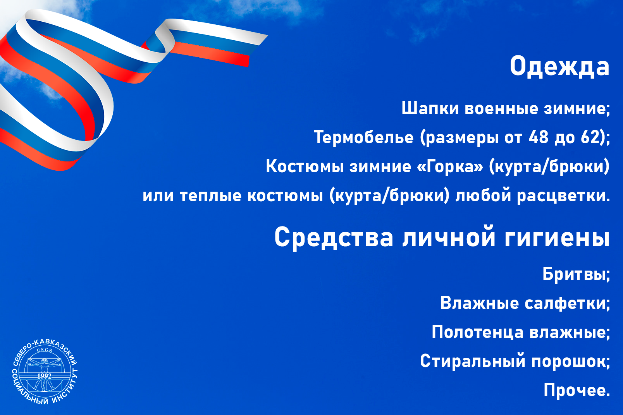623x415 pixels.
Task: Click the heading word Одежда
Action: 559,67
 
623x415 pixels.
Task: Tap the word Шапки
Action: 430,108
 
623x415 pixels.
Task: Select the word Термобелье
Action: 364,137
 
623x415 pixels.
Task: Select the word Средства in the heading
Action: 334,237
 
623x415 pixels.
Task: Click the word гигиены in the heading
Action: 557,237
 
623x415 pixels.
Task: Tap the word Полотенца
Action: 477,332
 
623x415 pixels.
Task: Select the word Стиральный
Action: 473,361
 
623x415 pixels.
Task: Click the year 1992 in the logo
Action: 45,376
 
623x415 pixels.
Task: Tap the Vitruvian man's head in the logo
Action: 45,362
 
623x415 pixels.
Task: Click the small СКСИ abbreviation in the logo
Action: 45,350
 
